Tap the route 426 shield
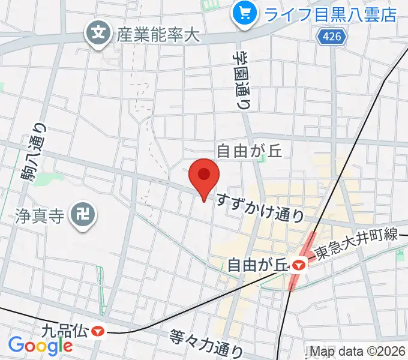(x=327, y=38)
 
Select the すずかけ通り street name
(x=260, y=206)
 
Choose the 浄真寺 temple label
(x=38, y=213)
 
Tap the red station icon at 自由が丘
(x=298, y=263)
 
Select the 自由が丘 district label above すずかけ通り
(x=249, y=150)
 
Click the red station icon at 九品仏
(x=97, y=330)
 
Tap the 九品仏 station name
(x=64, y=329)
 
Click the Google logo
(x=40, y=345)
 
